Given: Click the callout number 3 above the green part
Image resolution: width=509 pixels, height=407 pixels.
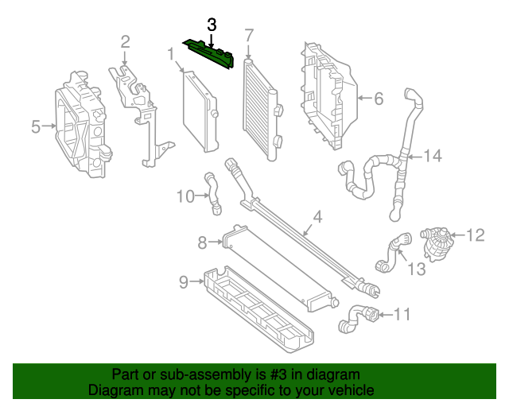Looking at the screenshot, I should click(x=212, y=25).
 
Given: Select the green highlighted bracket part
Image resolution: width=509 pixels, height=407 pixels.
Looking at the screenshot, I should click(x=208, y=52).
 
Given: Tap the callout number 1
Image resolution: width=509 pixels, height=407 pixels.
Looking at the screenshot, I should click(x=170, y=54).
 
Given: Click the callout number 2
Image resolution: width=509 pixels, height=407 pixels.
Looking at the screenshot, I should click(x=125, y=41).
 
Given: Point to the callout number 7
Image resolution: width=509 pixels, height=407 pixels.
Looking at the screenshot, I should click(x=248, y=35).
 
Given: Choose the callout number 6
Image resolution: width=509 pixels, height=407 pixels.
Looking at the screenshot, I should click(x=378, y=99).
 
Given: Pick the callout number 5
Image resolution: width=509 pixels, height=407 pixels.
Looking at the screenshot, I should click(x=36, y=126).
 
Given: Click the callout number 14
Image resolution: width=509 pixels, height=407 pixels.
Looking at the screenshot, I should click(x=431, y=156).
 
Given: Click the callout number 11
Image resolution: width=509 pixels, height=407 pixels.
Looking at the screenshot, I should click(x=402, y=315).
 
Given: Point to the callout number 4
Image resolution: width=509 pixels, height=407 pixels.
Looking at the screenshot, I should click(x=317, y=216).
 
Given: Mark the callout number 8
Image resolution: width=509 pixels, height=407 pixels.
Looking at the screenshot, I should click(x=202, y=241).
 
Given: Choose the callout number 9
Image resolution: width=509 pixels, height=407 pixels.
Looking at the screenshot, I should click(x=182, y=281).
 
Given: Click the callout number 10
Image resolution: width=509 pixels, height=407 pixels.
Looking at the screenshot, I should click(x=185, y=196).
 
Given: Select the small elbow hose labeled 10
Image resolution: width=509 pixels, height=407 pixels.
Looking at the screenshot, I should click(x=213, y=193).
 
